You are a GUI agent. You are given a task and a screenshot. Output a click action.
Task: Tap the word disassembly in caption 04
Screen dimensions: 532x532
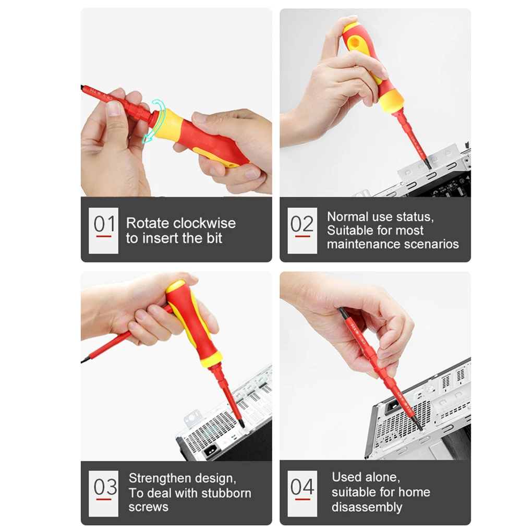[367, 507]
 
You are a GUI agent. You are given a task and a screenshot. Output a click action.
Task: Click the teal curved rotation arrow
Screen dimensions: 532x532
[154, 121]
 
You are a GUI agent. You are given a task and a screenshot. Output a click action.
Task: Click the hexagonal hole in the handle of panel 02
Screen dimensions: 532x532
[355, 43]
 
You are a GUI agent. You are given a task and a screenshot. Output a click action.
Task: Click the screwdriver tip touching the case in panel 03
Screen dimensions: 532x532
[241, 424]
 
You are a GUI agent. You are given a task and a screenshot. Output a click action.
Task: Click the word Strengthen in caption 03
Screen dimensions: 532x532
[155, 478]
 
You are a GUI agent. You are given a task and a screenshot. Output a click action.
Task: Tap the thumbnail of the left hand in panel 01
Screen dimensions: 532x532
[113, 108]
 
